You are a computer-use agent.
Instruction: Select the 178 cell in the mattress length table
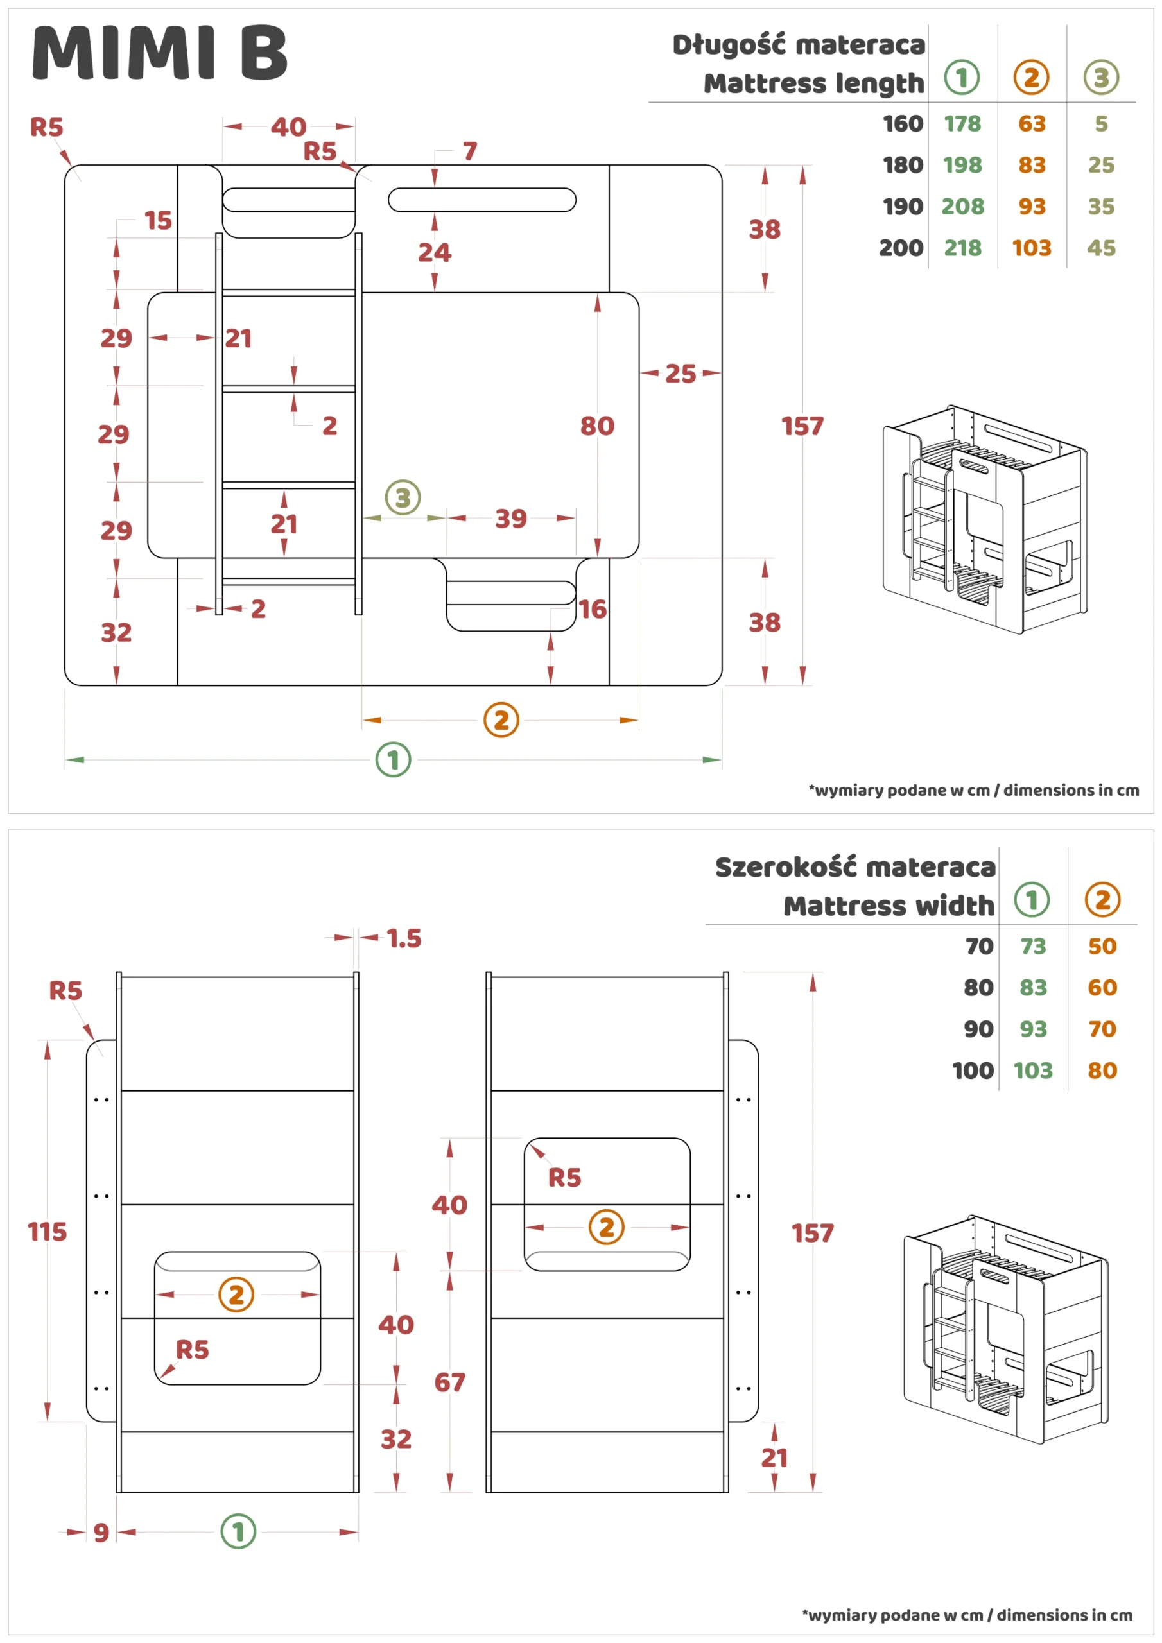(962, 124)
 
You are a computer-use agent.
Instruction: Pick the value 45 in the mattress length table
(1100, 248)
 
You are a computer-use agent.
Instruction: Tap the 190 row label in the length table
(902, 206)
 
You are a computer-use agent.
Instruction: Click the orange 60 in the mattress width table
(1101, 988)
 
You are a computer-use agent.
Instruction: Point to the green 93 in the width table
(1032, 1029)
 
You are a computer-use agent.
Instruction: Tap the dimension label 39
(510, 518)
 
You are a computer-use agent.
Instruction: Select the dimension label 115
(46, 1232)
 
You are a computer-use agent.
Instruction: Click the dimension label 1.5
(404, 938)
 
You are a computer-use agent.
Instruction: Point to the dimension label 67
(449, 1382)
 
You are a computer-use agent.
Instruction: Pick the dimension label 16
(592, 609)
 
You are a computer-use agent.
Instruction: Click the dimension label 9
(101, 1532)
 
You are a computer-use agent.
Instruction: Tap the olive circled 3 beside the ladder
(403, 497)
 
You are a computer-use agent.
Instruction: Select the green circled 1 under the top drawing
(393, 759)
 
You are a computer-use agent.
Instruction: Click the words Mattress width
(888, 906)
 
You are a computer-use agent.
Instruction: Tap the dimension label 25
(679, 373)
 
